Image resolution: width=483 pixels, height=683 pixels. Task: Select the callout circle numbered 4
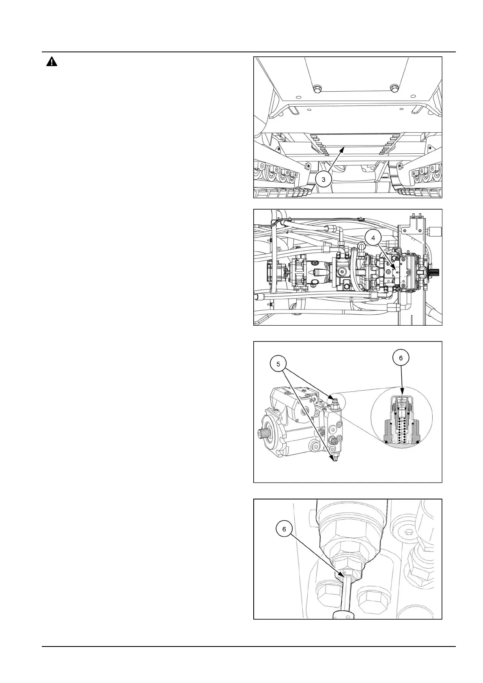[x=373, y=238]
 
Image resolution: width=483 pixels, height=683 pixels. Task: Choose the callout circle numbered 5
[x=278, y=364]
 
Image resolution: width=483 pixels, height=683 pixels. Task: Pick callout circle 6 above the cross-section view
[x=401, y=358]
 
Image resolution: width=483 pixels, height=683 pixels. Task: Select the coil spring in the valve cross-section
[x=402, y=428]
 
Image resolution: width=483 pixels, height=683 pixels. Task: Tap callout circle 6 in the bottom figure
[x=284, y=529]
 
